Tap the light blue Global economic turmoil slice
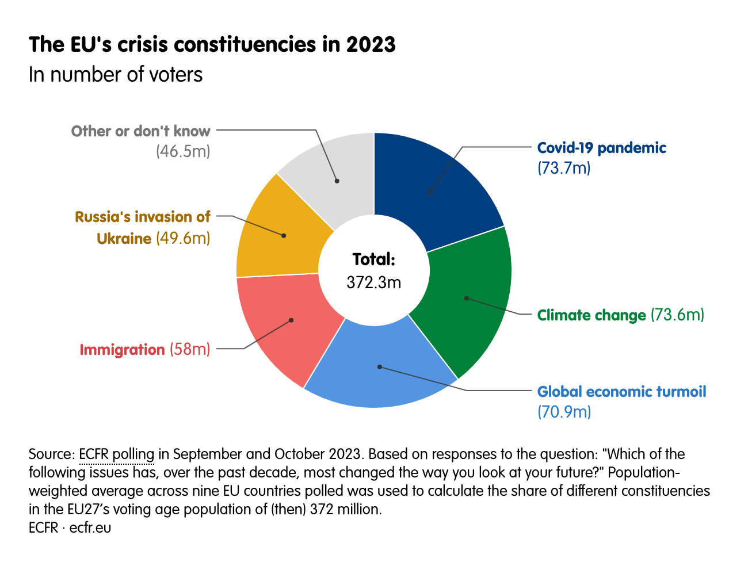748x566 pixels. click(x=380, y=368)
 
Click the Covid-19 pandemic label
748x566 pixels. click(x=601, y=148)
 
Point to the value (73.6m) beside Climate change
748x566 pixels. click(x=677, y=315)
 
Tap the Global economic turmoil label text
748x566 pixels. click(x=621, y=392)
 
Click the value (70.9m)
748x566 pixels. click(x=564, y=412)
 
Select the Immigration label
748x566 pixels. click(x=122, y=350)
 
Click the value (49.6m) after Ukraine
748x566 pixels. click(x=183, y=238)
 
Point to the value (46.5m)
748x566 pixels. click(x=183, y=152)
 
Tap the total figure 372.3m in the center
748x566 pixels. click(x=374, y=282)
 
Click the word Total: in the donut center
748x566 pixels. click(x=374, y=259)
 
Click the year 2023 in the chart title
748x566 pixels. click(x=371, y=44)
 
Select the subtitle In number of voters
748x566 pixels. click(x=116, y=75)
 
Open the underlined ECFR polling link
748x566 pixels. click(x=116, y=454)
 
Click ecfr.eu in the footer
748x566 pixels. click(x=90, y=527)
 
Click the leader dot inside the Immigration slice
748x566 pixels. click(x=291, y=320)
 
